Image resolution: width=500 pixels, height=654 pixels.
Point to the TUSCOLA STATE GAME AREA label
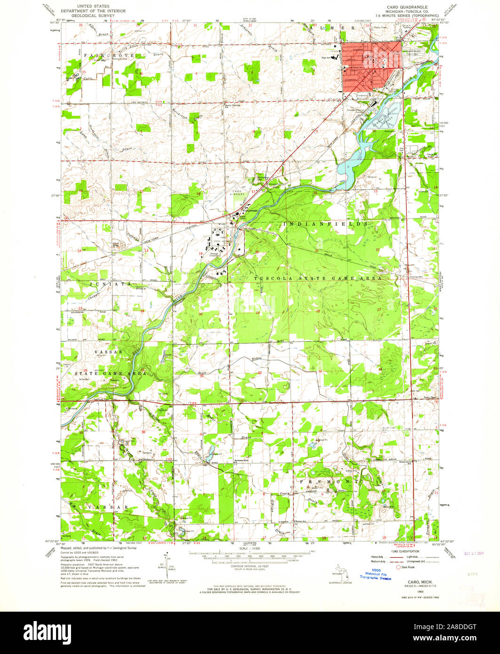pyautogui.click(x=317, y=279)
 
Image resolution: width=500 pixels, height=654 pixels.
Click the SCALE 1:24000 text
pyautogui.click(x=250, y=548)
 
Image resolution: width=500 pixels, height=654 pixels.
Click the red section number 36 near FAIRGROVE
pyautogui.click(x=141, y=73)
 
